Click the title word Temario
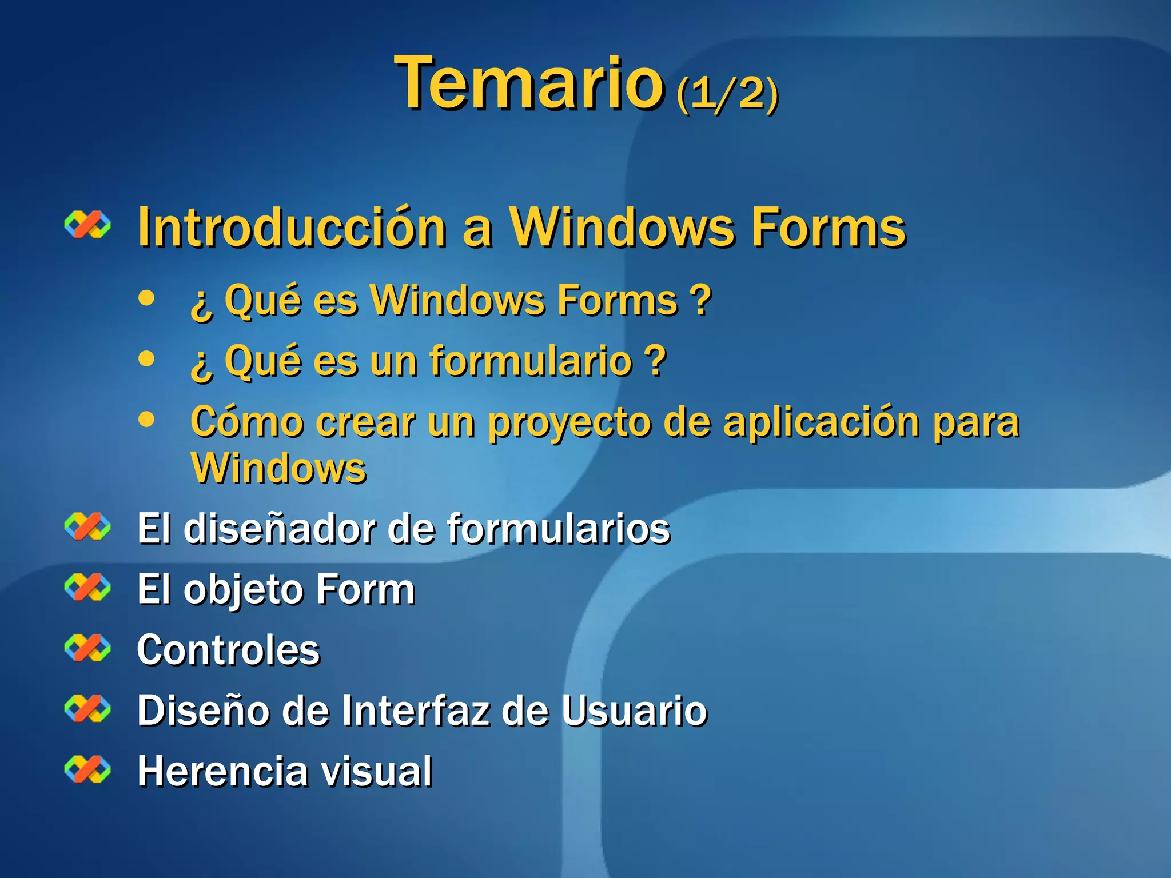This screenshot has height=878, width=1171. [x=529, y=83]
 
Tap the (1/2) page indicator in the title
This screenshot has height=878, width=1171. [x=727, y=93]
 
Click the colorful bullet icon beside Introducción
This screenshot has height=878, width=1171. [x=87, y=225]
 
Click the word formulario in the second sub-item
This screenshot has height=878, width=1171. [x=531, y=362]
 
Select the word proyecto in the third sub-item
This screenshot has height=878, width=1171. [x=569, y=424]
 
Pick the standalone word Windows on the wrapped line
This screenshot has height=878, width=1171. [x=278, y=469]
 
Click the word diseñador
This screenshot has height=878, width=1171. [x=279, y=529]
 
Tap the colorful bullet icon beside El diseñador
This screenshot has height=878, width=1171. [x=87, y=526]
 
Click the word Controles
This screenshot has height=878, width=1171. [x=229, y=650]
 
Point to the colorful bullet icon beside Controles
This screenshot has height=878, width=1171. [x=87, y=648]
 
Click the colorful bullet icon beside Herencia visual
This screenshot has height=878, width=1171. [x=87, y=769]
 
